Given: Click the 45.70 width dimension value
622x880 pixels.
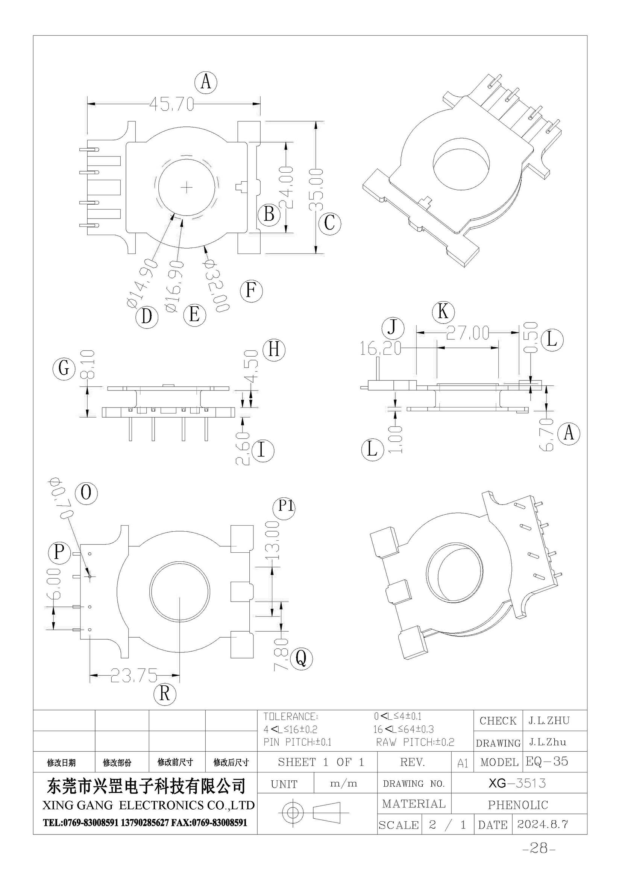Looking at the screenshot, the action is pyautogui.click(x=171, y=104).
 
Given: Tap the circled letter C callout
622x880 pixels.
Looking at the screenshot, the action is pyautogui.click(x=329, y=223).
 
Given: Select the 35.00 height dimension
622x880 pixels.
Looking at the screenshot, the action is pyautogui.click(x=316, y=190).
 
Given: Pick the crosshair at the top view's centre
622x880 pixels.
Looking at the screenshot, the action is pyautogui.click(x=187, y=187).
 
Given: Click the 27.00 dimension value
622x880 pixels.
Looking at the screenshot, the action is pyautogui.click(x=468, y=333).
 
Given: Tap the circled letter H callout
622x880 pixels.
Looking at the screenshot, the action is pyautogui.click(x=274, y=350).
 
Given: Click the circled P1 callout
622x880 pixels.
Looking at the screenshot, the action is pyautogui.click(x=284, y=507).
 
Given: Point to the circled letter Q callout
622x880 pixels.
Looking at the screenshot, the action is pyautogui.click(x=302, y=659).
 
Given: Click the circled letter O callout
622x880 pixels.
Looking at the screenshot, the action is pyautogui.click(x=86, y=492).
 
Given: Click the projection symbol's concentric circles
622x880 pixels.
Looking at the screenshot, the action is pyautogui.click(x=293, y=812).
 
